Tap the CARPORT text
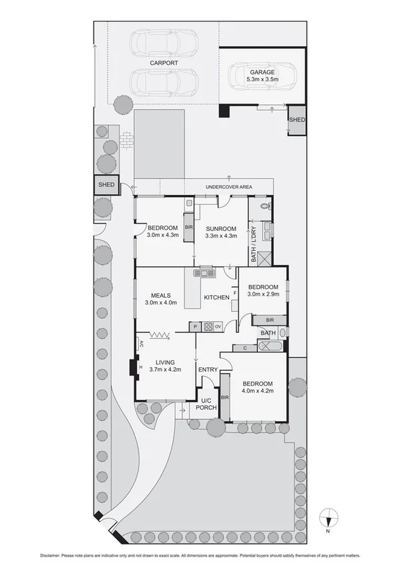point(164,62)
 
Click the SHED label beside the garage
point(296,119)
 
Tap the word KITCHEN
point(217,296)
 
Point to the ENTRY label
point(208,370)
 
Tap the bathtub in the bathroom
point(270,347)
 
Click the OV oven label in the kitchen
point(218,326)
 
